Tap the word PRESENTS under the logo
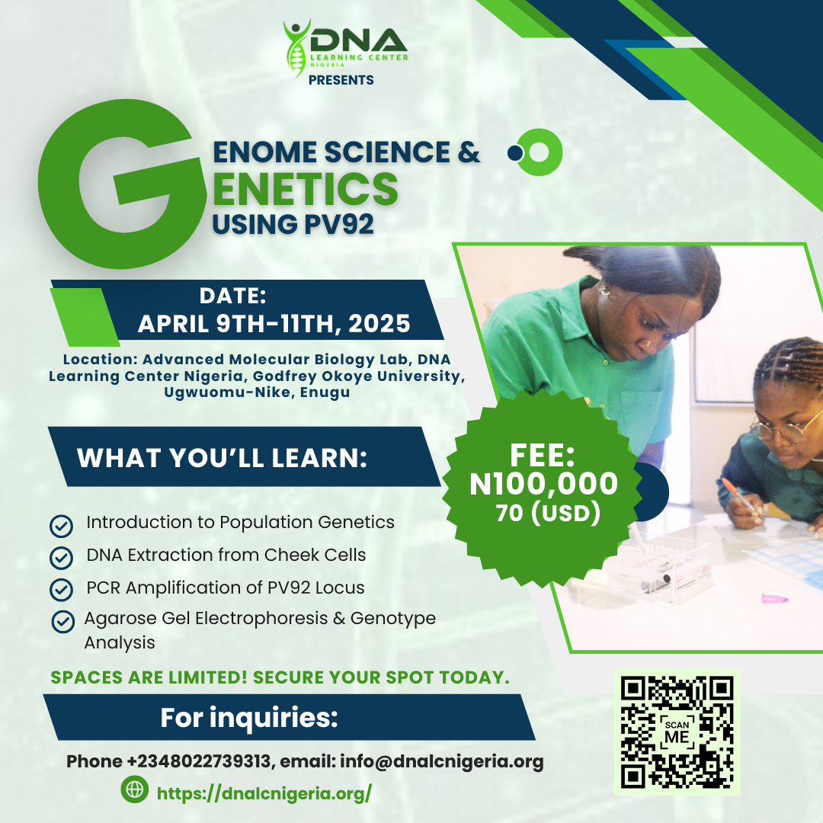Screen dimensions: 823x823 pos(341,80)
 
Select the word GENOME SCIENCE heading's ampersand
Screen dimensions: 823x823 pos(469,152)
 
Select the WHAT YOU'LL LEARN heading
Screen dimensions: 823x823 pos(222,458)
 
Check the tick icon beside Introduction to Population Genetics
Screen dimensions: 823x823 pos(62,525)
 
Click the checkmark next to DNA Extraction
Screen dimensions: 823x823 pos(62,558)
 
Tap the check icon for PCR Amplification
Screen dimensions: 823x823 pos(62,590)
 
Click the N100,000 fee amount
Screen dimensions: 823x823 pos(544,483)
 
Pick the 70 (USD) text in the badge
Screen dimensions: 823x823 pos(549,514)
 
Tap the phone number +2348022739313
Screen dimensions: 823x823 pos(199,761)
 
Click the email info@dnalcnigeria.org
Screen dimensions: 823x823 pos(442,761)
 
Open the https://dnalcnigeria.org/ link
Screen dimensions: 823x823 pos(264,793)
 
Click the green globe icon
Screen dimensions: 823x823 pos(135,789)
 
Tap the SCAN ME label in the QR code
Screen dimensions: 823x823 pos(677,732)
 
